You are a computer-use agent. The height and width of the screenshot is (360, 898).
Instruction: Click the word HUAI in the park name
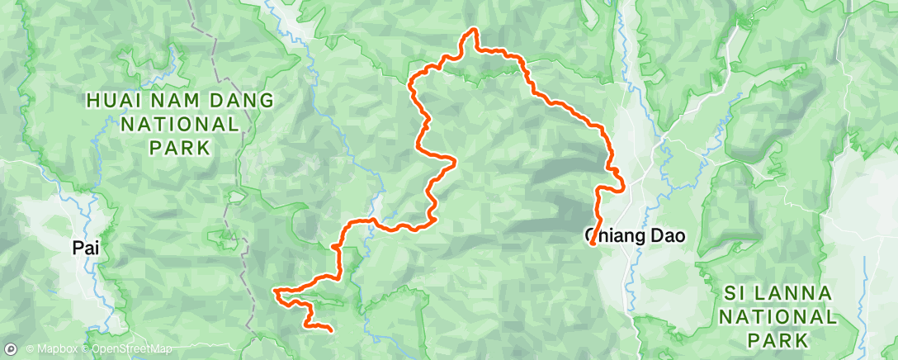(x=114, y=102)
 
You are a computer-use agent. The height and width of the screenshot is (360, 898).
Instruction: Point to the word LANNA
(x=794, y=294)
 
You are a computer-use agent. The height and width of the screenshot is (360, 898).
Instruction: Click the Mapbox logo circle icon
(x=12, y=348)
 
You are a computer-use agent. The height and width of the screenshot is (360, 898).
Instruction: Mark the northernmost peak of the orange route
(x=474, y=31)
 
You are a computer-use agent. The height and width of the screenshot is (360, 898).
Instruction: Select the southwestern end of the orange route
(x=330, y=329)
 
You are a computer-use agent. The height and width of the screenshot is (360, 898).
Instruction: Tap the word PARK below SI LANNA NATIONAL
(x=780, y=340)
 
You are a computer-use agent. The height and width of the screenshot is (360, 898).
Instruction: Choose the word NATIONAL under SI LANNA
(x=780, y=317)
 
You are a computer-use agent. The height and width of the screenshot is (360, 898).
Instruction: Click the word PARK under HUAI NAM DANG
(x=179, y=149)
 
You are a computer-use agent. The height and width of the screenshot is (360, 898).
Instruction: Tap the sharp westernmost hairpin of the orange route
(x=275, y=291)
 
